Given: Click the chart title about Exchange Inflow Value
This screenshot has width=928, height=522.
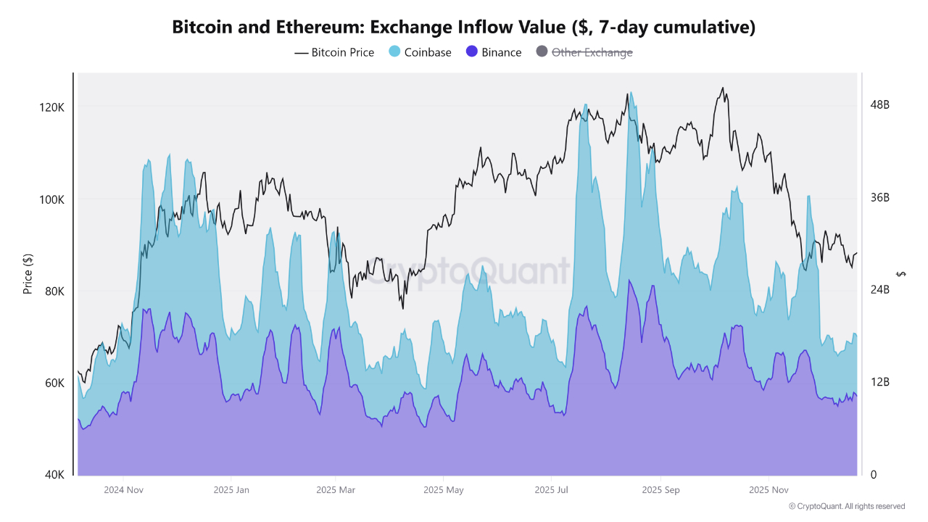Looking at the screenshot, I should point(464,28).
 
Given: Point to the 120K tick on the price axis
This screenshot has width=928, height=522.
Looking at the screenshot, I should point(52,107).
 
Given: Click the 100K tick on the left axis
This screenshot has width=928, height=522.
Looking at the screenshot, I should point(52,199).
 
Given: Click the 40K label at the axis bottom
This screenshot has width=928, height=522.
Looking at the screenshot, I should point(54,475).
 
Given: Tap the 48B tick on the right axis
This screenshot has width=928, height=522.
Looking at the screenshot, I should point(879,105).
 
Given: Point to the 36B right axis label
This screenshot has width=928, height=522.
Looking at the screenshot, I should point(879,198).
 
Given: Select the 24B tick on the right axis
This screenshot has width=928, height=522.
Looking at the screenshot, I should point(879,290).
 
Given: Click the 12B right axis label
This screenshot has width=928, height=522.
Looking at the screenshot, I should point(879,382).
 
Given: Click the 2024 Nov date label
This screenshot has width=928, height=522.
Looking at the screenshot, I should point(124,490).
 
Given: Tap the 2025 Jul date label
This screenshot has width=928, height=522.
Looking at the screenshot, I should point(552,490).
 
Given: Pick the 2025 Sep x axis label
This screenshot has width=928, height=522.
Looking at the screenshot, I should point(660,490).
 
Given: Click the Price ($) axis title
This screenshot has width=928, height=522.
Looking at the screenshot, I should point(28,273).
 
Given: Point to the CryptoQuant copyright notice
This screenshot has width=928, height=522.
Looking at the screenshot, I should point(846,506).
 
